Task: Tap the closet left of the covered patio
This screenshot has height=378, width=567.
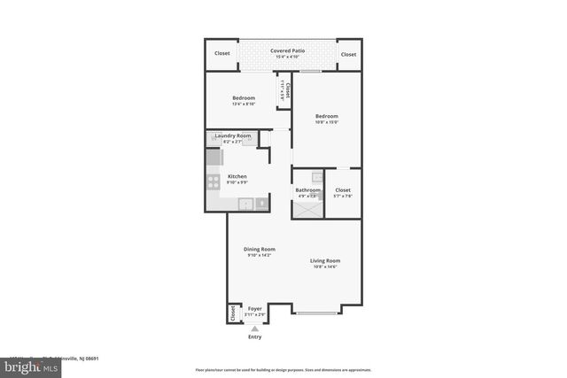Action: click(221, 54)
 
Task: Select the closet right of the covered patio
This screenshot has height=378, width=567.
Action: click(349, 54)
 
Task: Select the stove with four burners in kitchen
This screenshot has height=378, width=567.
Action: click(214, 182)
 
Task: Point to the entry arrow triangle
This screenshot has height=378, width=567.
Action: click(255, 328)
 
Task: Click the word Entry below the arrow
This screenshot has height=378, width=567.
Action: click(255, 337)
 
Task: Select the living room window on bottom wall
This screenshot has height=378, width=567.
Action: click(315, 312)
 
